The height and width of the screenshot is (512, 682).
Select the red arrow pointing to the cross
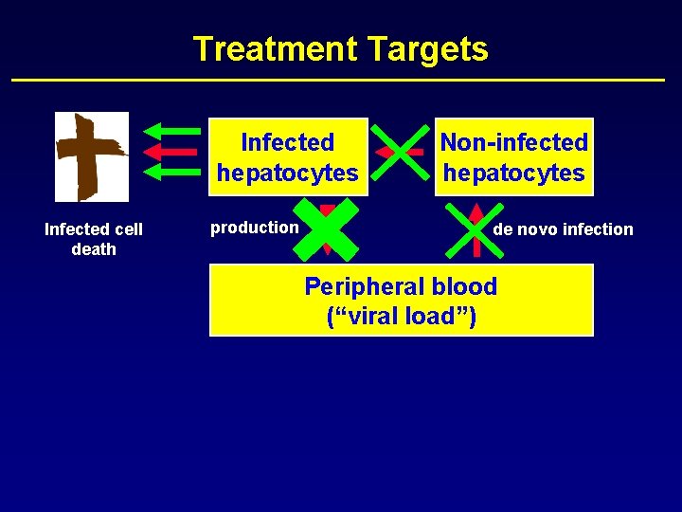pos(170,151)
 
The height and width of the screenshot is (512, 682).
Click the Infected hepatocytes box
pos(287,157)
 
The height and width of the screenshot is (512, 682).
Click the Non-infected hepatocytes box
pos(513,157)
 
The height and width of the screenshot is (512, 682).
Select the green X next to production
pos(327,229)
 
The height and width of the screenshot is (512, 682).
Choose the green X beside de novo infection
pos(476,229)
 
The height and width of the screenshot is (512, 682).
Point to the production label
pos(254,228)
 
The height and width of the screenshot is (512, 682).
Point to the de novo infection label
pos(563,229)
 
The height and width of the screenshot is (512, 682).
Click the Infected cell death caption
pos(94,239)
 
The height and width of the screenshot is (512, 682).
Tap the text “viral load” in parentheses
pos(401,317)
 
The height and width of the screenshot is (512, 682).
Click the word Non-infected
pos(514,142)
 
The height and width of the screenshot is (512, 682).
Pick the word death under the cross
pos(94,249)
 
